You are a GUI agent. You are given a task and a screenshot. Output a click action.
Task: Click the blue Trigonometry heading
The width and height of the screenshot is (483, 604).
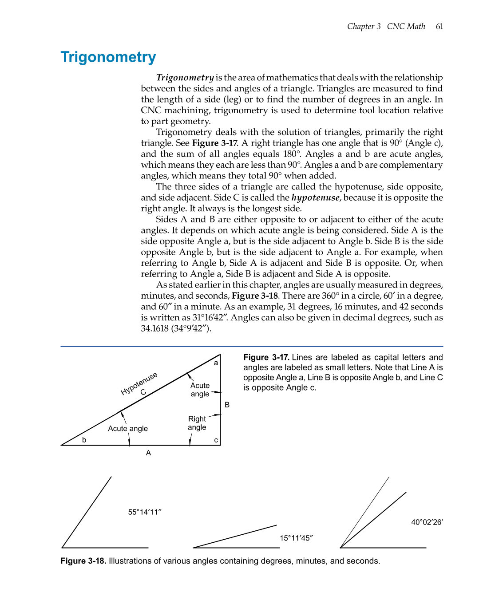[x=108, y=57]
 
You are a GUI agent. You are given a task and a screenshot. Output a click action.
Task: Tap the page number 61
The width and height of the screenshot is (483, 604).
[x=439, y=26]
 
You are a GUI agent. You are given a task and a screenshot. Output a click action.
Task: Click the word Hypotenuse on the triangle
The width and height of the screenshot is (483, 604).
[x=139, y=383]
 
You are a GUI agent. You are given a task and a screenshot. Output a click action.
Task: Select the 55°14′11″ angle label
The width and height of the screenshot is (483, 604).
[x=145, y=512]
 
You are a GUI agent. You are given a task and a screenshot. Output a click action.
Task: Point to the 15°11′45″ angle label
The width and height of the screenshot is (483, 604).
[x=296, y=538]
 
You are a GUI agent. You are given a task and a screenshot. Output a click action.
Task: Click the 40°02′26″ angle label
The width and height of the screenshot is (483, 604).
[x=427, y=522]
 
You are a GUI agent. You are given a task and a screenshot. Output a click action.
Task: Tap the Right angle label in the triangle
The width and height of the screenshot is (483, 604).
[x=197, y=423]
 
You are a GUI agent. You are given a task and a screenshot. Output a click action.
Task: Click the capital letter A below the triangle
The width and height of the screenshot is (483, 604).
[x=148, y=453]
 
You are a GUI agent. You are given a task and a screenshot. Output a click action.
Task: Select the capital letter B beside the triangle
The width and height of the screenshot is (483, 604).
[x=227, y=405]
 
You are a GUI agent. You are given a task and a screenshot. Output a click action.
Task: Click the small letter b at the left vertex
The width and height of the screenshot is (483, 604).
[x=84, y=440]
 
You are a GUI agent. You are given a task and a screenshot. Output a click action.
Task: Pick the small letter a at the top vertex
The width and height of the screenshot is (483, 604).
[x=216, y=363]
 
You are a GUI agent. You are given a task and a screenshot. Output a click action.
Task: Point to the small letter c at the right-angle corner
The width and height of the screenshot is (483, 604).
[x=216, y=440]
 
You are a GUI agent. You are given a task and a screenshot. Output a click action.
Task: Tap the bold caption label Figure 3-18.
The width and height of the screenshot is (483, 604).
[x=83, y=561]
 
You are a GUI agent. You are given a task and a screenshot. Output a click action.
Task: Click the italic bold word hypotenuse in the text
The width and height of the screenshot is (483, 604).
[x=315, y=197]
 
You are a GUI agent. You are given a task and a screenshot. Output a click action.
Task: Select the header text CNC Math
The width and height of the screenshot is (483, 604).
[x=406, y=26]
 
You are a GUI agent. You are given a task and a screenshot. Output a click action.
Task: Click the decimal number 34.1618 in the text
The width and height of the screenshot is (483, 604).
[x=154, y=328]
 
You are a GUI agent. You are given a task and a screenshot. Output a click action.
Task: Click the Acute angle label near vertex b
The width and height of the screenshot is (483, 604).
[x=128, y=429]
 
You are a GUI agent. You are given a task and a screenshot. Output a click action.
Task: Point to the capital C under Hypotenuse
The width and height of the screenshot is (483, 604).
[x=143, y=392]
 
